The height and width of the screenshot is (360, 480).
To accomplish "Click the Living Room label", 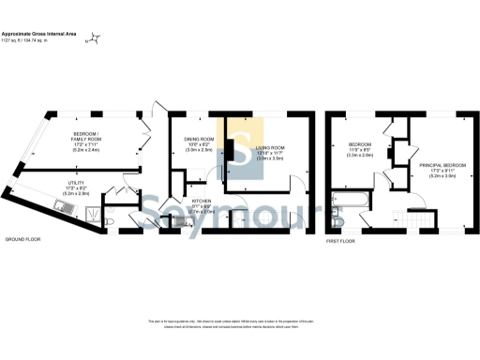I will coord(273,152).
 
